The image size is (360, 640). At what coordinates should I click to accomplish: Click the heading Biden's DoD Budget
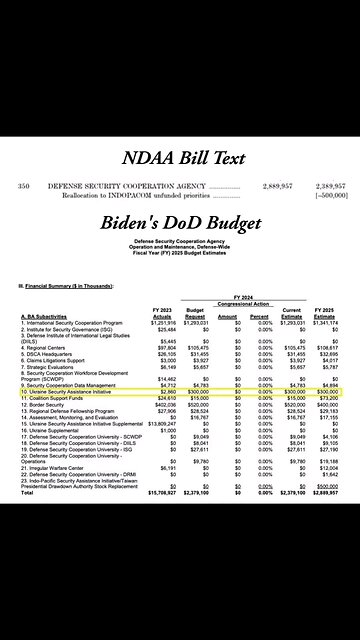[x=180, y=223]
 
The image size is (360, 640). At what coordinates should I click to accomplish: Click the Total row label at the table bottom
[x=28, y=492]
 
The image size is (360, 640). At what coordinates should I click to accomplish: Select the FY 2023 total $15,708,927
[x=161, y=492]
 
